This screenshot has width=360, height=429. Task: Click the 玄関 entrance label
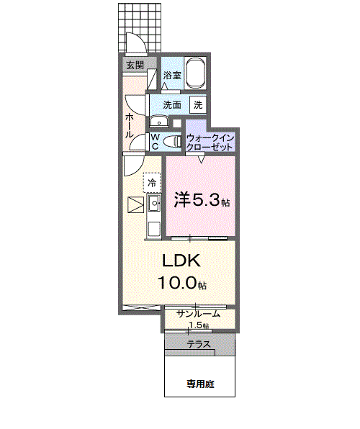point(135,65)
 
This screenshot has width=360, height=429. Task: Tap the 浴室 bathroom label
point(171,76)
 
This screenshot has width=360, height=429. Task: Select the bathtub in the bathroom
point(197,74)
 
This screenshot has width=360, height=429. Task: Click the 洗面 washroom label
point(171,104)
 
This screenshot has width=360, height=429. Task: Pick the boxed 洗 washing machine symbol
point(197,104)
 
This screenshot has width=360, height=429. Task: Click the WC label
point(155,141)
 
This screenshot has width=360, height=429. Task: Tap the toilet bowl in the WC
point(171,142)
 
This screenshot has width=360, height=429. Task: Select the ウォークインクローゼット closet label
point(210,141)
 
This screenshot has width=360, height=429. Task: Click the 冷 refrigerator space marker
point(152,183)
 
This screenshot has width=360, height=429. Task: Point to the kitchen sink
point(153,206)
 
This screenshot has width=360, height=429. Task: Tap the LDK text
point(180,261)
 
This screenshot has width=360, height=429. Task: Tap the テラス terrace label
point(199,345)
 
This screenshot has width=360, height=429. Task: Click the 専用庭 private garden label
point(200,384)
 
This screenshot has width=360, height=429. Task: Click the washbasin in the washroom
point(158,121)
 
